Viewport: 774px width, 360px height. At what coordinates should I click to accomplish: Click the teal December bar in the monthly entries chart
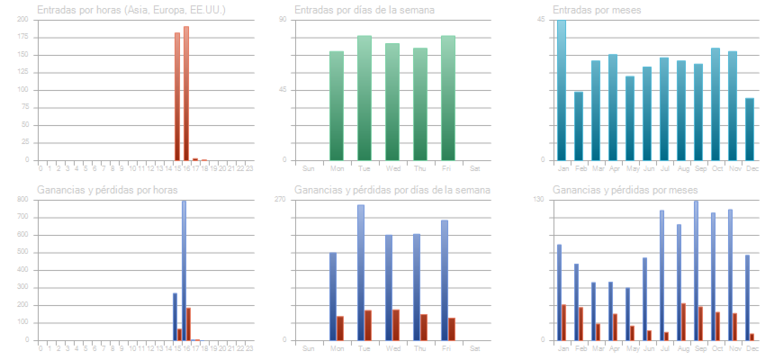[750, 129]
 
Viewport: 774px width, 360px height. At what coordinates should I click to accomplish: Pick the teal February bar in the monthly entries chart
[579, 126]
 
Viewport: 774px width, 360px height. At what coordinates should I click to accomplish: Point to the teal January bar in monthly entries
[562, 90]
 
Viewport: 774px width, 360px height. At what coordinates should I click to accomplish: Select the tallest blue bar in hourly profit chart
[184, 270]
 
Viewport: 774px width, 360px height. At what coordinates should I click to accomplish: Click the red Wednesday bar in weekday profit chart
[396, 325]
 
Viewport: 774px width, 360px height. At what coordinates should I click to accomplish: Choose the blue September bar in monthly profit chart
[695, 270]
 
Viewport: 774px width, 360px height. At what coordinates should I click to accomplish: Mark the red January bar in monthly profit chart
[564, 322]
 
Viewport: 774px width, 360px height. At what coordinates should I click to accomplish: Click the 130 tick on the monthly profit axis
[539, 200]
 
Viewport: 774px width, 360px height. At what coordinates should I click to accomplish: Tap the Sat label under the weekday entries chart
[475, 168]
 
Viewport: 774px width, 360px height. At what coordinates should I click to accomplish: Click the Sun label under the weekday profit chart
[309, 348]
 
